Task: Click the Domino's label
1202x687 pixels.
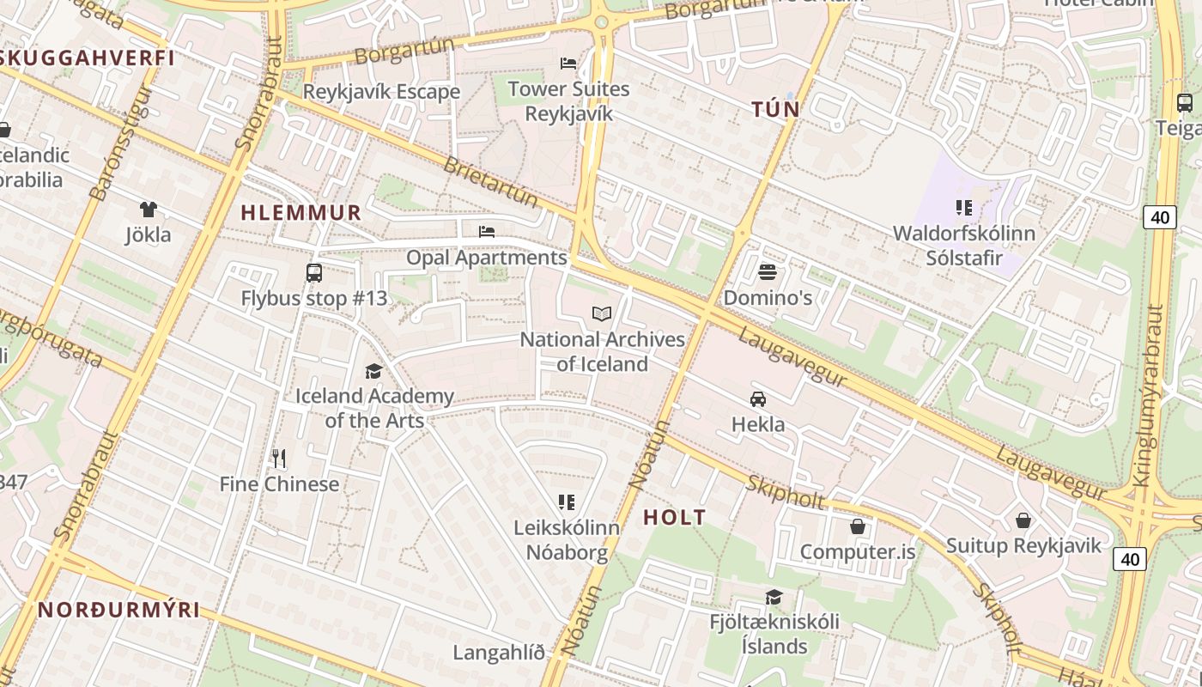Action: [768, 298]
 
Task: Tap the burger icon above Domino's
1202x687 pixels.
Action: [768, 272]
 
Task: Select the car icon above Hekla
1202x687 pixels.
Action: [758, 398]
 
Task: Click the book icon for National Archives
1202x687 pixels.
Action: [603, 314]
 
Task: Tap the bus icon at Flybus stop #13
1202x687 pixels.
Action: [314, 273]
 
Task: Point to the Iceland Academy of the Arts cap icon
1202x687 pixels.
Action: [373, 371]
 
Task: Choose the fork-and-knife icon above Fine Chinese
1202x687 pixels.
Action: [278, 458]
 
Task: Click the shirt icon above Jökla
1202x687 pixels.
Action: [149, 209]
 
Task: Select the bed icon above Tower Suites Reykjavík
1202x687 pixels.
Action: [568, 63]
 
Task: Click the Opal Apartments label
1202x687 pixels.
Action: [486, 258]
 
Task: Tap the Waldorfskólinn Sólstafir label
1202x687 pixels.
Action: [964, 246]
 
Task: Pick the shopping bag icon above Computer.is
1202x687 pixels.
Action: [857, 526]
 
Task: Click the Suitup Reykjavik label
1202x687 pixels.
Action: [1023, 546]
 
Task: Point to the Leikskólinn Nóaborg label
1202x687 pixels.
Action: [567, 540]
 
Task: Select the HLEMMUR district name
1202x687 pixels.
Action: [300, 213]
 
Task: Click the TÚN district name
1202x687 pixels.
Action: [775, 109]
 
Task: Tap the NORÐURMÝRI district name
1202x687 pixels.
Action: [118, 610]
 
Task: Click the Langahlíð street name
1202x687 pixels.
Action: [499, 653]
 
